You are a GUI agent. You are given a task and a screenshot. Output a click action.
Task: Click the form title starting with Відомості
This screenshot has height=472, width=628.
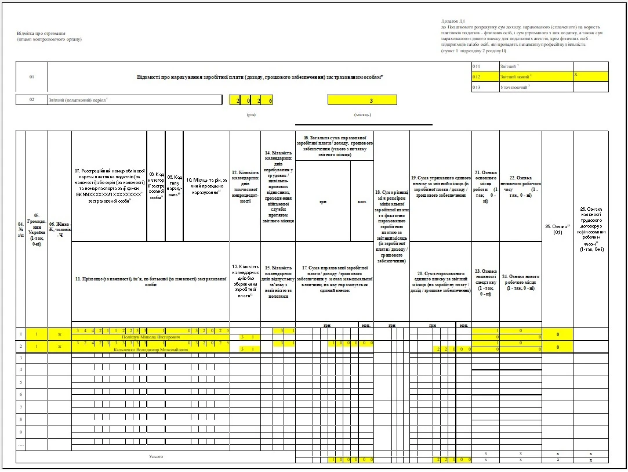[260, 77]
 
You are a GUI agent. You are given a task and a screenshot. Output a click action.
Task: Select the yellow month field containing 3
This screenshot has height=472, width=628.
[362, 100]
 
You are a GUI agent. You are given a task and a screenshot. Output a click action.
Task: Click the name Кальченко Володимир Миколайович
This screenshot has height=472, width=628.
[151, 350]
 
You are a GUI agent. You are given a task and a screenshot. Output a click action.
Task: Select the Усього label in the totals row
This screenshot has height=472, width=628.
[156, 456]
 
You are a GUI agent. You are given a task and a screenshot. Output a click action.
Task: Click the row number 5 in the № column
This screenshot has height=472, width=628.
[21, 382]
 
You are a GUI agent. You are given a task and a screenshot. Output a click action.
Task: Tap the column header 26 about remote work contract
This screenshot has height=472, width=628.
[591, 229]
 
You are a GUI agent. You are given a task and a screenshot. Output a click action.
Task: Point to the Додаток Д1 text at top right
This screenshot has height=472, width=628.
[453, 21]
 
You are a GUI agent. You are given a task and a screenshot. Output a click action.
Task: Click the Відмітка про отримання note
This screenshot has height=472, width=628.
[41, 33]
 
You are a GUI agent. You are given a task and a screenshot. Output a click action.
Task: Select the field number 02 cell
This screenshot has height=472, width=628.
[32, 100]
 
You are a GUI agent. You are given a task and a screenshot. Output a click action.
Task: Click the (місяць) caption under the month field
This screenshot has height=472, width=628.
[362, 114]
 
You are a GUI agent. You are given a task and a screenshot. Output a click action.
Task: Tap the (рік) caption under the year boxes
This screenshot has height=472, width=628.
[252, 114]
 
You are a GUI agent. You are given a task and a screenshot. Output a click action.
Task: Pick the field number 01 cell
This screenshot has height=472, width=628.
[32, 77]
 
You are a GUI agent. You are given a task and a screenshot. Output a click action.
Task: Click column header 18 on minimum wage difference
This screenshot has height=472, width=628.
[392, 226]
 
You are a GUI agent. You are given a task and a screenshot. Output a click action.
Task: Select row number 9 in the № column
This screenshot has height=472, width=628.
[21, 432]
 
